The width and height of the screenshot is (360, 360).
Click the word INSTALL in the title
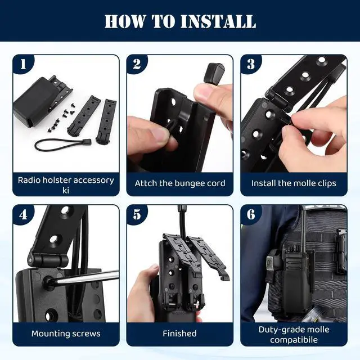pos(218,21)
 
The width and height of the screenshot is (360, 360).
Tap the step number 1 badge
pos(23,64)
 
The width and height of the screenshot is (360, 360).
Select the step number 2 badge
pos(137,64)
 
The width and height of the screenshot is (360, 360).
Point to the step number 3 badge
pos(251,64)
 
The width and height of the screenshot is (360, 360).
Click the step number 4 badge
pos(23,214)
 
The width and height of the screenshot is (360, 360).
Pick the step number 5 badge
pos(137,214)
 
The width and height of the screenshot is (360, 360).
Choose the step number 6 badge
pos(251,214)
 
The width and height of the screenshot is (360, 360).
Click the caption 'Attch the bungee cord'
pos(180,183)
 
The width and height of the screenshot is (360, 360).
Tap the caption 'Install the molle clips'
pos(294,183)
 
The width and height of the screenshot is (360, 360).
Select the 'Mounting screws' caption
pos(66,334)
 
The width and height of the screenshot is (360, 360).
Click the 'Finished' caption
pos(179,334)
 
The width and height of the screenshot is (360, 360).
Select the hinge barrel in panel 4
pos(48,259)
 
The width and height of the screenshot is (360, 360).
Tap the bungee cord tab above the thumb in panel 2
pos(214,73)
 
